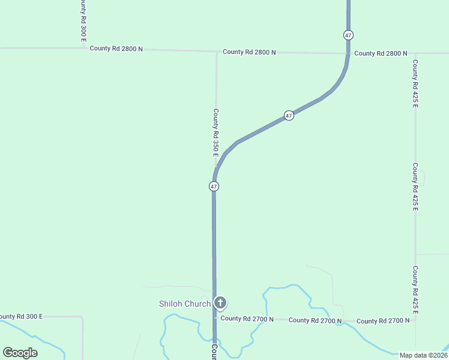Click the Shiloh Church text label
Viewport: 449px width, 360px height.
(x=184, y=304)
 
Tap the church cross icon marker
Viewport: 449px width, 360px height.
(x=220, y=303)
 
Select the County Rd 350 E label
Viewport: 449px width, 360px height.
(x=216, y=133)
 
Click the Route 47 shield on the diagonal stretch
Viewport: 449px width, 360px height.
(x=289, y=115)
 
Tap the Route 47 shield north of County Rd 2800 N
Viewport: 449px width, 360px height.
(x=348, y=35)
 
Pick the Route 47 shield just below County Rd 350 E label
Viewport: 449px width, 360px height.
(x=214, y=187)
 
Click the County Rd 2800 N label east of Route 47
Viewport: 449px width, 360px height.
(x=381, y=53)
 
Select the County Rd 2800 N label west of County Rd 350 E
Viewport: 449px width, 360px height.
(x=116, y=48)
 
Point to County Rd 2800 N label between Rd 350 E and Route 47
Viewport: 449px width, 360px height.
(x=249, y=52)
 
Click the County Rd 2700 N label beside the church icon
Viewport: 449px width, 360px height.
(x=247, y=319)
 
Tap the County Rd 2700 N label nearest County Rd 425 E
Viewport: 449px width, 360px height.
(x=383, y=321)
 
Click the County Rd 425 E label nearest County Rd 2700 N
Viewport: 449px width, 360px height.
(x=415, y=290)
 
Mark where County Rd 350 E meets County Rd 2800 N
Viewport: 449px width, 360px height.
(x=217, y=52)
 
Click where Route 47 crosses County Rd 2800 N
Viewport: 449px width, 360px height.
(x=348, y=53)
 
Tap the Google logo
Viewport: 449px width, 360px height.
(x=20, y=353)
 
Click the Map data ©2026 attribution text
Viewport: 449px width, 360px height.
(x=424, y=355)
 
